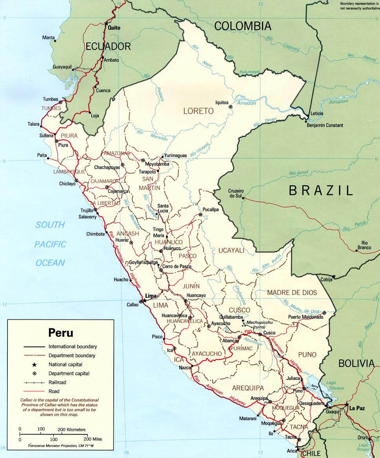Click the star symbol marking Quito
coord(106,24)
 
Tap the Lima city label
coord(151,296)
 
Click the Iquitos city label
coord(222,102)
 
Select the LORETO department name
coord(198,111)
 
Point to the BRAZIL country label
coord(321,191)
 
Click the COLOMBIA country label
coord(243,26)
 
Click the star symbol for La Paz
coord(347,404)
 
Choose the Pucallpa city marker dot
coord(200,215)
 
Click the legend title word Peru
coord(60,333)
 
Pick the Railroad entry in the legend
coord(58,382)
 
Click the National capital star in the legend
coord(35,365)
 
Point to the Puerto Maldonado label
coord(305,317)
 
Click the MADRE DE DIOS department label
coord(292,292)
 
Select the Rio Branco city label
coord(364,245)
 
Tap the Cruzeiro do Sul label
coord(236,193)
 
